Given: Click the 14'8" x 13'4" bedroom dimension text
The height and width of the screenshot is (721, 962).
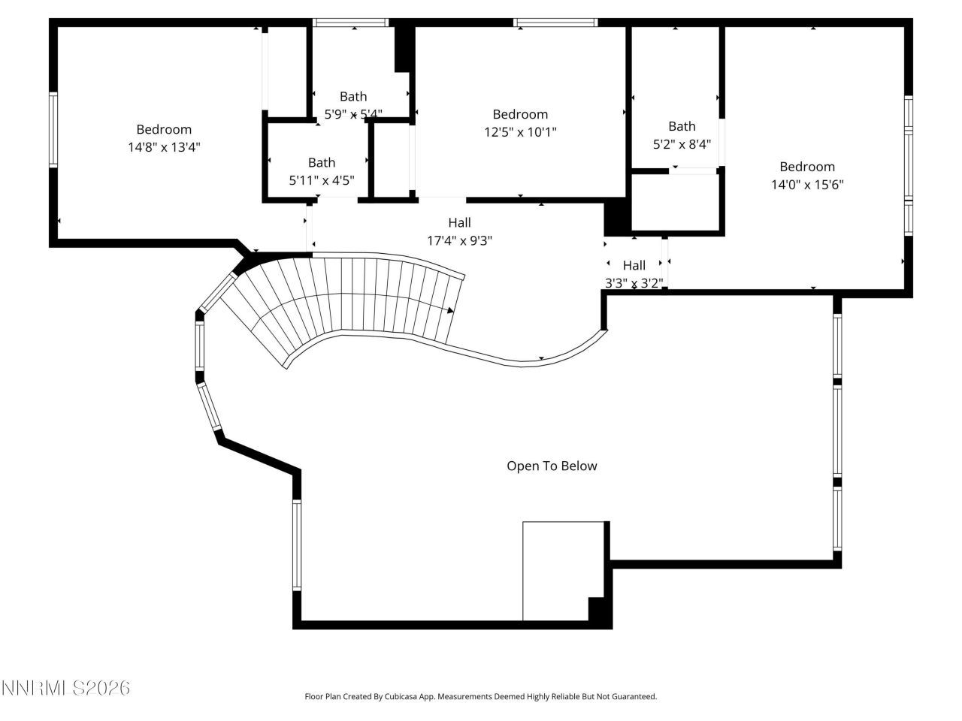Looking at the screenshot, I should [164, 147].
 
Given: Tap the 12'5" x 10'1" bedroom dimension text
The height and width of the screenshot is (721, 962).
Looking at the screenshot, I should [520, 132].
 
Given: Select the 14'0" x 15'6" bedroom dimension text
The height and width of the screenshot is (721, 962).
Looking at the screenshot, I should [807, 185].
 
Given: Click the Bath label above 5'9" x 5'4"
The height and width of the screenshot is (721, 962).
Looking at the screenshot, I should [353, 96].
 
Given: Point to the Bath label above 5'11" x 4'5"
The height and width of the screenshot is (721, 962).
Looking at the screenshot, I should [322, 162].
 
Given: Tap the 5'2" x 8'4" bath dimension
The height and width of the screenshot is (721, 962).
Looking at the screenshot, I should [682, 144].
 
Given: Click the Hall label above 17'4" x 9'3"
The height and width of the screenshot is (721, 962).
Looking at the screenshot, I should [459, 222].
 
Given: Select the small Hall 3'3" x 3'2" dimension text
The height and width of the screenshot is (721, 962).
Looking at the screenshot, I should [634, 283].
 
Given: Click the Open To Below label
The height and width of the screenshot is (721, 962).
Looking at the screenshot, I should [552, 466].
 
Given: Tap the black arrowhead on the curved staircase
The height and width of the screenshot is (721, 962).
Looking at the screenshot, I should [450, 309].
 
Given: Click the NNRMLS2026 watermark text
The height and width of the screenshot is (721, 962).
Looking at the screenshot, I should [65, 688].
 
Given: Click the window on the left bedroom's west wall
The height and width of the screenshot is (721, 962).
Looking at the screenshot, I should [53, 129].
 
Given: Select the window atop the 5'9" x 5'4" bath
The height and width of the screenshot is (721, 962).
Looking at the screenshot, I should [350, 23].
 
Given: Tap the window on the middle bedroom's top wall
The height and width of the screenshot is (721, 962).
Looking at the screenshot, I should [556, 23].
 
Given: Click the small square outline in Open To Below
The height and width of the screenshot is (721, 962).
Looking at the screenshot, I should [564, 571].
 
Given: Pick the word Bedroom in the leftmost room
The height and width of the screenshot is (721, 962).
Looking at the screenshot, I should [164, 129].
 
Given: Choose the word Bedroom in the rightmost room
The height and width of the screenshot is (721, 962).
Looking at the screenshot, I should [807, 167].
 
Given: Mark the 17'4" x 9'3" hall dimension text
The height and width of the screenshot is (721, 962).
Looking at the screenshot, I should [459, 240].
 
